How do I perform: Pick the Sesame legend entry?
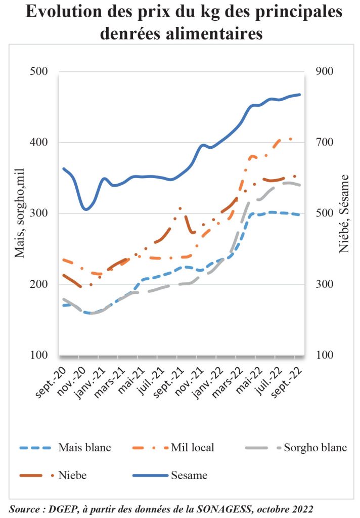(189, 476)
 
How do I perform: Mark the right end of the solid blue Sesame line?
(300, 95)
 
